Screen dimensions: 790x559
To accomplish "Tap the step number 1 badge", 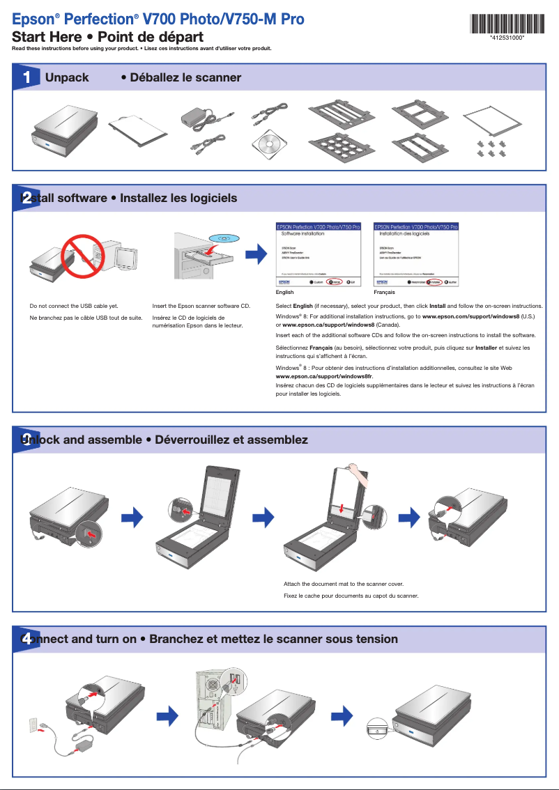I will (26, 78).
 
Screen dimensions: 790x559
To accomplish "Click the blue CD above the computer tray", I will (224, 238).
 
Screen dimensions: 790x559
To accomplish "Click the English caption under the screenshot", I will (285, 293).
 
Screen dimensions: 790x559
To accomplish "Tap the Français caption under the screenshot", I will (384, 293).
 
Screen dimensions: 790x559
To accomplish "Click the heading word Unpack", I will (67, 77).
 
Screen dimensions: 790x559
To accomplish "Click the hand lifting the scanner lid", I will (358, 474).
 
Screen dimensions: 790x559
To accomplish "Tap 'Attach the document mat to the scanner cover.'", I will (344, 584).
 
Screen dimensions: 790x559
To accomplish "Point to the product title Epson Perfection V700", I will (158, 20).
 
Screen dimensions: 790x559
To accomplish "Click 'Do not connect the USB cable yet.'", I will (74, 306).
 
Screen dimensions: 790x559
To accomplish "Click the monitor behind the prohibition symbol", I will (128, 257).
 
